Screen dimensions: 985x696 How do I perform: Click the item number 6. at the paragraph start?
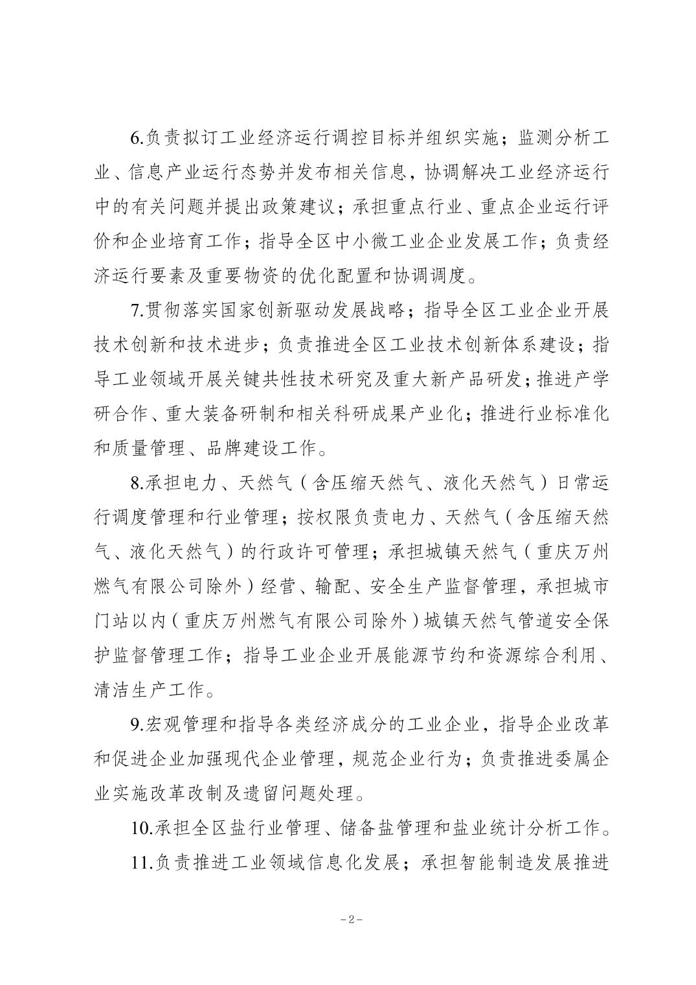pos(136,139)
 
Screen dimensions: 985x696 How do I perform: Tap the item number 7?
pos(136,310)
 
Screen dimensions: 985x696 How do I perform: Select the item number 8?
pos(136,483)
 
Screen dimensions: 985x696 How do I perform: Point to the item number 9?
pos(136,724)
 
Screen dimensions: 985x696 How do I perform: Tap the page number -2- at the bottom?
pos(348,919)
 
